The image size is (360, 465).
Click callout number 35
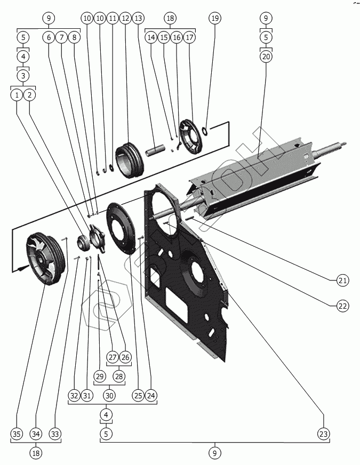(17, 434)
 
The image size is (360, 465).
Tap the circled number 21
(342, 280)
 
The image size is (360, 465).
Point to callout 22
(342, 306)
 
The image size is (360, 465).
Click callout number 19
(214, 18)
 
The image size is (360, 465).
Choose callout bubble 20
(266, 56)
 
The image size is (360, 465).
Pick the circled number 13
(138, 18)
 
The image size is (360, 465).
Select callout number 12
(125, 18)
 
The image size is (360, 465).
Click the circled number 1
(17, 95)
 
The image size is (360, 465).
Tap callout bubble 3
(23, 75)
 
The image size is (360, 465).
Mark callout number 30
(109, 395)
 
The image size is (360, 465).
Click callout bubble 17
(189, 38)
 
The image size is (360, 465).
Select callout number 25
(138, 395)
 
